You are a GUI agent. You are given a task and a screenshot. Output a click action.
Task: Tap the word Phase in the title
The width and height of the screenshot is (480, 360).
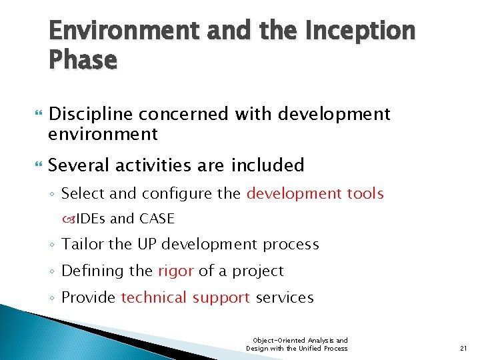coord(83,60)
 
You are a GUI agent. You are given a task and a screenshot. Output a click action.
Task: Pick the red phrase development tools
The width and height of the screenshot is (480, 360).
coord(315,194)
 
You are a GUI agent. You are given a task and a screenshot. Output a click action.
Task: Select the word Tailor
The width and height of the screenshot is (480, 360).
coord(83,245)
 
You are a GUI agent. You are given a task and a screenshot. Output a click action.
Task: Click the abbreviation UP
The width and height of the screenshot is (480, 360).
coord(147,245)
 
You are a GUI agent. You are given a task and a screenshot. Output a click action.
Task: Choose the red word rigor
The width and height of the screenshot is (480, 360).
coord(176,271)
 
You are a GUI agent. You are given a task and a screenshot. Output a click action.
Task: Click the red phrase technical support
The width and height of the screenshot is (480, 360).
coord(185,298)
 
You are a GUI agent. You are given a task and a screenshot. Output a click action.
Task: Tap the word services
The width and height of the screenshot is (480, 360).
coord(285,298)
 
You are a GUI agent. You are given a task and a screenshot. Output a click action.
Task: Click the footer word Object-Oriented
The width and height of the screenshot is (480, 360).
coord(273,340)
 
